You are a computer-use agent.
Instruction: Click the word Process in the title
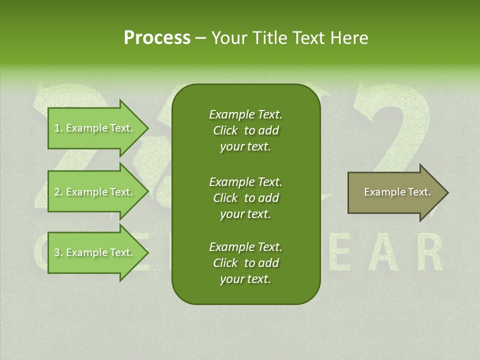coord(157,38)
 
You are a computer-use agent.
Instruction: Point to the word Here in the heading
coord(348,38)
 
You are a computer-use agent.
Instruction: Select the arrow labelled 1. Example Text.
coord(95,128)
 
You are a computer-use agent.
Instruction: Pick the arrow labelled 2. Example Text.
coord(95,192)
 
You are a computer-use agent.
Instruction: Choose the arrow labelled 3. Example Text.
coord(95,252)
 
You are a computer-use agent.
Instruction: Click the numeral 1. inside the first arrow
coord(58,128)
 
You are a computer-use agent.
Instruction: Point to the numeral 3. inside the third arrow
coord(58,252)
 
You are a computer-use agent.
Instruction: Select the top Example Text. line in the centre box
coord(245,114)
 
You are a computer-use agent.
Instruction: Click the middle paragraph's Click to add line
coord(245,198)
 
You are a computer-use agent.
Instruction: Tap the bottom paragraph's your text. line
coord(245,279)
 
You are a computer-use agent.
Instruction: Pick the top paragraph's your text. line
coord(245,147)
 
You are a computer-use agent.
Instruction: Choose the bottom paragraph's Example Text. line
coord(245,247)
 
